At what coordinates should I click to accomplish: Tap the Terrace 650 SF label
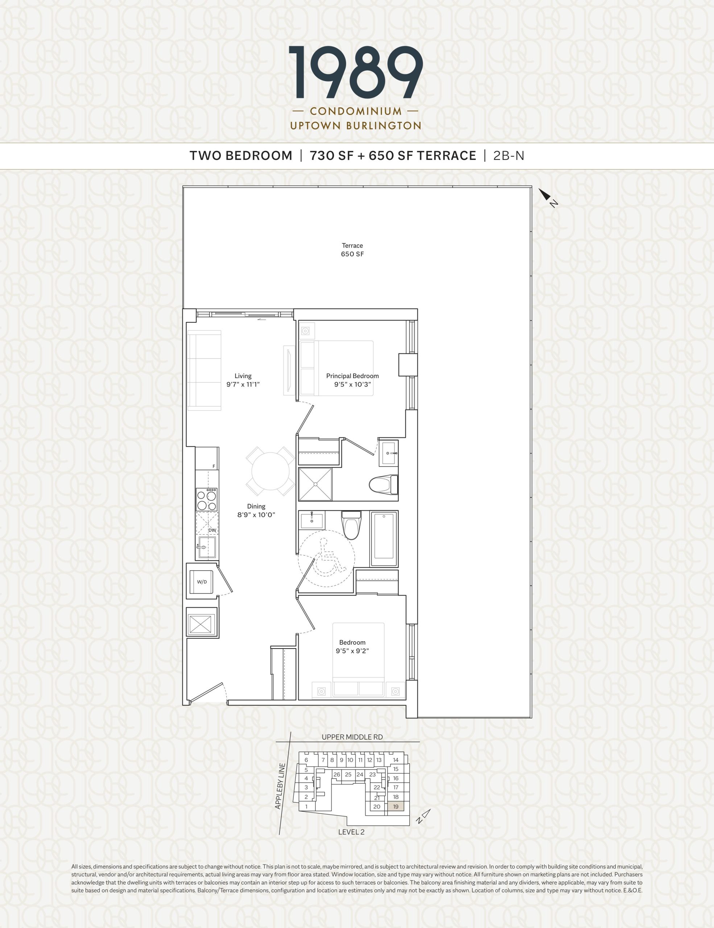(352, 250)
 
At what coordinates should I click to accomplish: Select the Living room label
(243, 380)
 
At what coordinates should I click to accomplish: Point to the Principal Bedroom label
(352, 380)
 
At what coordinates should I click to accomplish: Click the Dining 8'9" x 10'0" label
(256, 510)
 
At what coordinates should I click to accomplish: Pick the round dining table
(270, 471)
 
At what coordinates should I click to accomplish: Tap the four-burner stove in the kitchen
(207, 499)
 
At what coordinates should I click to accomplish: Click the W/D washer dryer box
(202, 582)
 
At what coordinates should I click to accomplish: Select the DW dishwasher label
(212, 530)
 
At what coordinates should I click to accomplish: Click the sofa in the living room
(205, 370)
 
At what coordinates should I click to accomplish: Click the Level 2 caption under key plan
(351, 832)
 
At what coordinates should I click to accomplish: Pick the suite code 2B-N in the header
(509, 156)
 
